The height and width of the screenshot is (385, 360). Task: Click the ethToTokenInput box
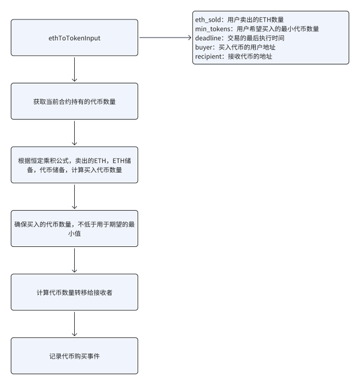(74, 37)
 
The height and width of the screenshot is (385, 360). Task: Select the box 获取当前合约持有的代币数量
(74, 101)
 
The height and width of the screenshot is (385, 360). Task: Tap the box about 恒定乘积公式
(74, 165)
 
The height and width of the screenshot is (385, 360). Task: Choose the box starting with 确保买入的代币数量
(74, 228)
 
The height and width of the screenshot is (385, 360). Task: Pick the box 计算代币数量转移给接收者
(74, 292)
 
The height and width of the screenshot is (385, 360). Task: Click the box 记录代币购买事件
(74, 356)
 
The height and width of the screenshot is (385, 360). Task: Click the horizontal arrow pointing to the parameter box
(165, 37)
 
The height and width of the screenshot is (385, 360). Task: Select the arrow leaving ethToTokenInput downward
(74, 70)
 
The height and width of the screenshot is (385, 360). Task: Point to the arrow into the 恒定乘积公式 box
(74, 133)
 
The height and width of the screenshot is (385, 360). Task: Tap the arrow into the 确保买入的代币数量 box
(74, 196)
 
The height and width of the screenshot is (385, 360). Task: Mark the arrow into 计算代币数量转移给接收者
(74, 260)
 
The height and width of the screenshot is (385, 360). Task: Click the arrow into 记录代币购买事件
(74, 324)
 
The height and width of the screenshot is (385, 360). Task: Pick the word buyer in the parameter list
(204, 47)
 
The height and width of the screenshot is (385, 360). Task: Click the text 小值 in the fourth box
(74, 233)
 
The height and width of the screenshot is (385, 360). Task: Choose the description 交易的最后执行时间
(256, 38)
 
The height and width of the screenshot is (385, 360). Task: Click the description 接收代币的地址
(250, 57)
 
